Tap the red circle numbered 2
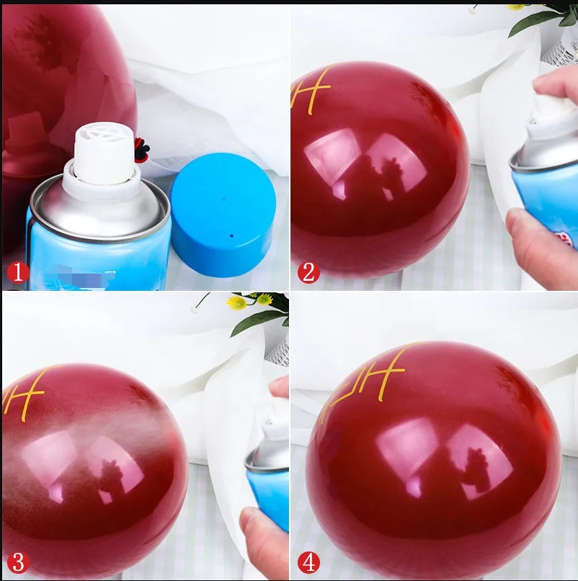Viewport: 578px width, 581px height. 308,274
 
